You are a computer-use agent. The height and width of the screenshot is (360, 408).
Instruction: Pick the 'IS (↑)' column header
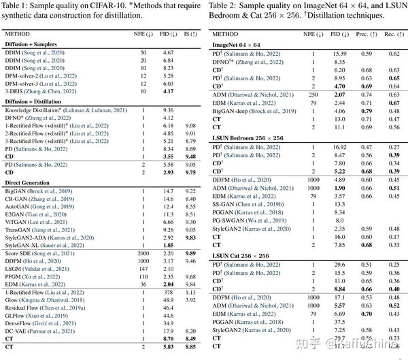(x=190, y=33)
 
